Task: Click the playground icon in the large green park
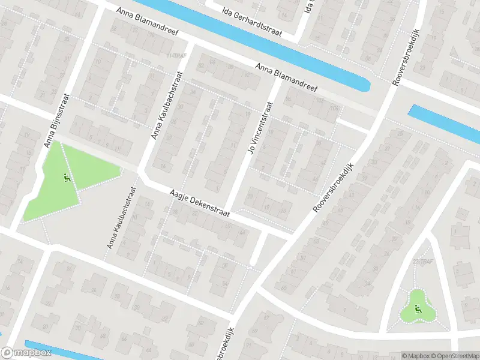click(65, 178)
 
